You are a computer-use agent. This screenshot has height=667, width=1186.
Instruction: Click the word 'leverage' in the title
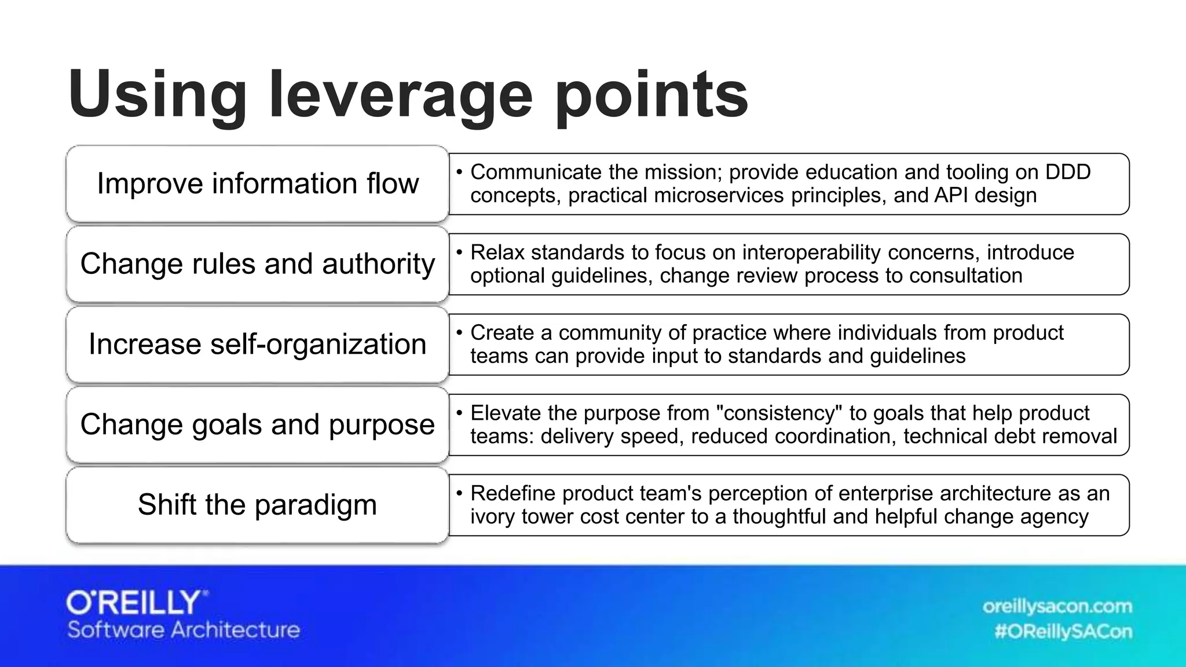tap(400, 94)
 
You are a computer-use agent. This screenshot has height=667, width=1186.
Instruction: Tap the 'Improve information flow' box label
tap(258, 184)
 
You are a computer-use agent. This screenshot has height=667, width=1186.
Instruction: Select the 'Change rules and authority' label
tap(258, 264)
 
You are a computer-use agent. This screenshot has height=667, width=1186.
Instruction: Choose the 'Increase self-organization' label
tap(258, 344)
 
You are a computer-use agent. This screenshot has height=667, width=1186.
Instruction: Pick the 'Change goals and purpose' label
tap(258, 424)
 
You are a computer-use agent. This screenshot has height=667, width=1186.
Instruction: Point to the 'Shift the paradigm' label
tap(258, 504)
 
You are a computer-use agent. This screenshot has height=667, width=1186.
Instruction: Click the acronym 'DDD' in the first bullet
tap(1068, 172)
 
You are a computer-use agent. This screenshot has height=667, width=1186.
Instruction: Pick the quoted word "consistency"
tap(779, 413)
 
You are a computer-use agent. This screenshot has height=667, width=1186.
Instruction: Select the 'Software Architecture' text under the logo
tap(184, 630)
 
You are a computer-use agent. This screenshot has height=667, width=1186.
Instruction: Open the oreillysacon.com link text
tap(1057, 606)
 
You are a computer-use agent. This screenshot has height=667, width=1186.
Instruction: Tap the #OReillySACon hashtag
tap(1063, 632)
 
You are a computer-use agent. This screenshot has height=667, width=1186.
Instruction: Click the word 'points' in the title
tap(651, 94)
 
